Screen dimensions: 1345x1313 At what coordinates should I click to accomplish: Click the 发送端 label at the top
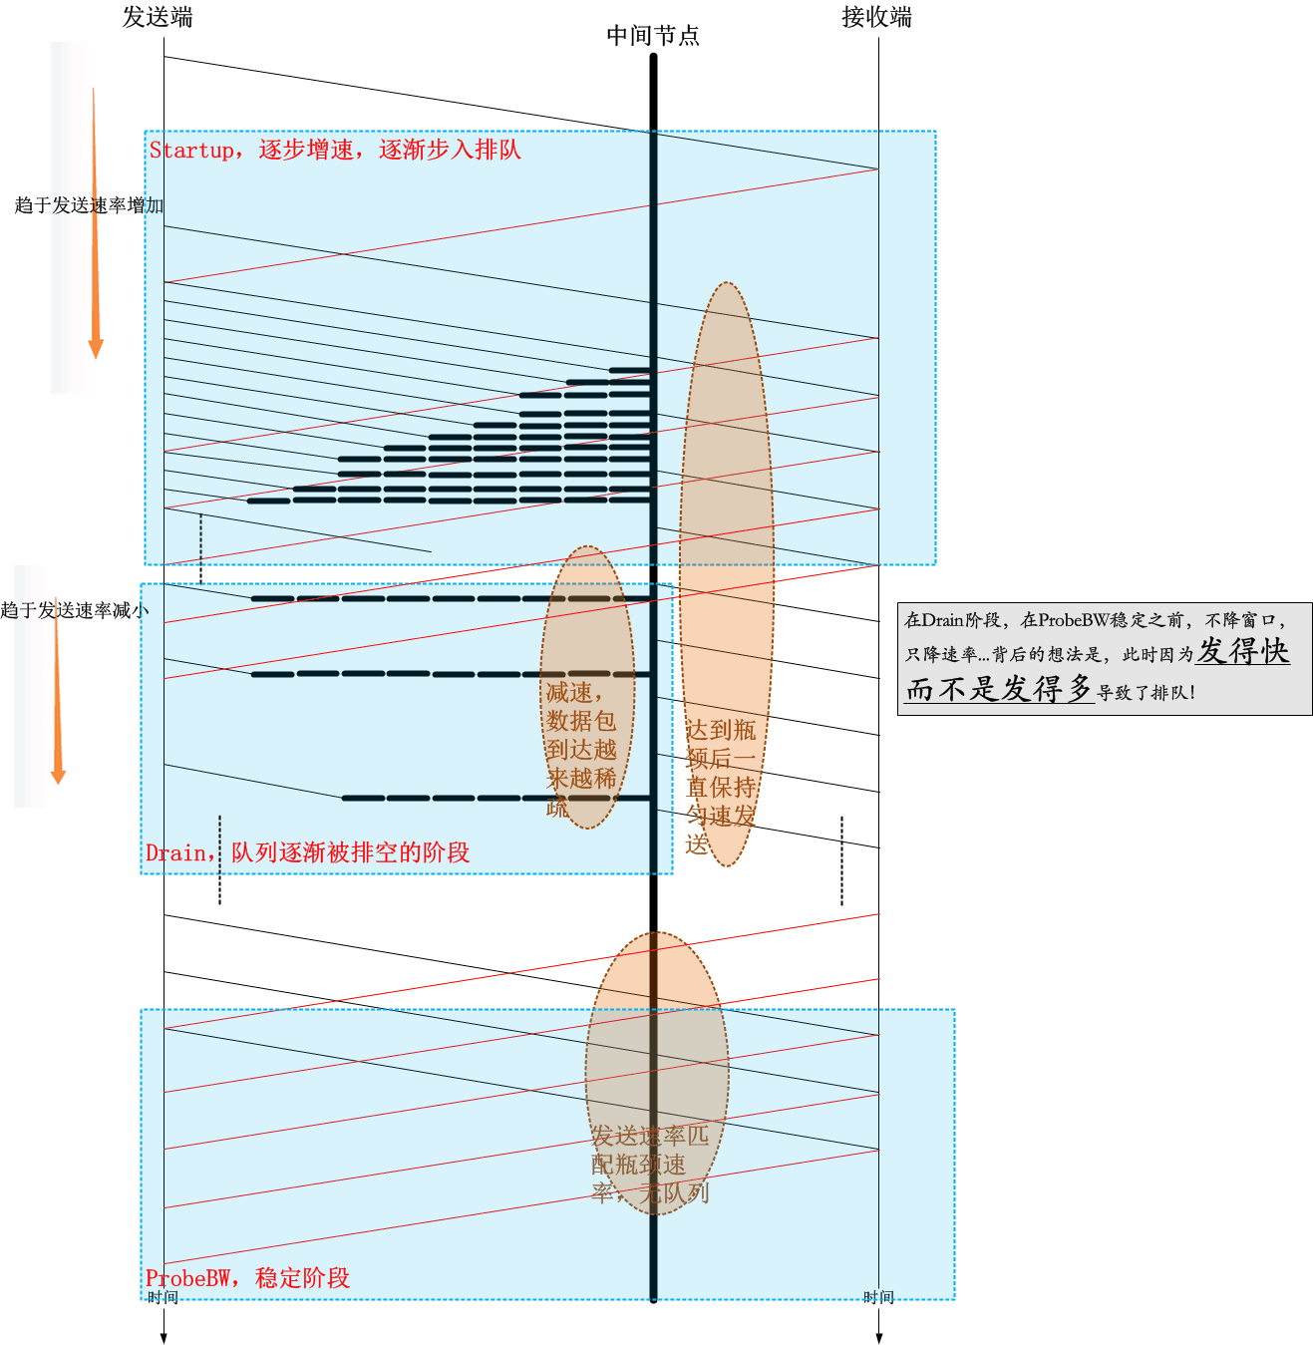[x=158, y=17]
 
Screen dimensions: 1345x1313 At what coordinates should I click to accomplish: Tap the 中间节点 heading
[x=653, y=36]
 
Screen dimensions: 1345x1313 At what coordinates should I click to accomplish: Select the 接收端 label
[x=876, y=17]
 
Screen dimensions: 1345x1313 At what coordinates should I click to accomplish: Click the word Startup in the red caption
[x=190, y=151]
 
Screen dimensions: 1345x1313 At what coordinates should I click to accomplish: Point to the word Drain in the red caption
[x=175, y=853]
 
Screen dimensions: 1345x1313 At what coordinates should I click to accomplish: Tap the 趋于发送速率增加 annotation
[x=88, y=205]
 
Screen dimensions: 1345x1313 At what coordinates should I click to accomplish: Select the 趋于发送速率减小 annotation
[x=74, y=610]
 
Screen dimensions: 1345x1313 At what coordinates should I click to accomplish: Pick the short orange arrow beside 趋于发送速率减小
[x=57, y=698]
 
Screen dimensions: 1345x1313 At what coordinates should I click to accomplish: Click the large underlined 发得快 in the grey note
[x=1242, y=652]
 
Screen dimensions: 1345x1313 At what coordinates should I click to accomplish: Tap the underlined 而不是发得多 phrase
[x=999, y=689]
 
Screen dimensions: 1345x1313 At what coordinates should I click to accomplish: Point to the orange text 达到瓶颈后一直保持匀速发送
[x=720, y=786]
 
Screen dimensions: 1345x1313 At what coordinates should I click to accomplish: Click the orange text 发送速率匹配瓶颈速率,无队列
[x=649, y=1164]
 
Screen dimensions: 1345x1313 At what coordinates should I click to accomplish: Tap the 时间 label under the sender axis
[x=163, y=1297]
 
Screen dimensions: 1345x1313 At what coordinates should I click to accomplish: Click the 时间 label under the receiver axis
[x=878, y=1297]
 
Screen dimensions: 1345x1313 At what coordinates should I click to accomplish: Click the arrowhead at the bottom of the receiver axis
[x=879, y=1338]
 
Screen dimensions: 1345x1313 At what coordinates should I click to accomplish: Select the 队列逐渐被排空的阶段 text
[x=350, y=853]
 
